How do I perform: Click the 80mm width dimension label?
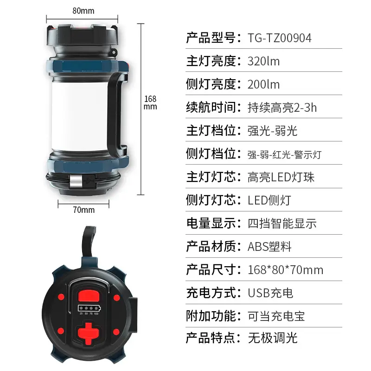83,11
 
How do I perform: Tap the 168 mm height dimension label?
150,102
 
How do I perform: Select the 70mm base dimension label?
83,210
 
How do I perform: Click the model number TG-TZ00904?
280,38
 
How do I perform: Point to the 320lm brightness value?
263,61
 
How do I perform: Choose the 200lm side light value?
263,84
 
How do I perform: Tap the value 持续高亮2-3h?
282,108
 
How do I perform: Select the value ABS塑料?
269,247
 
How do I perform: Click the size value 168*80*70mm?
285,270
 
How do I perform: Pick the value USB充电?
270,293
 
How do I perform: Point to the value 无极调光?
273,338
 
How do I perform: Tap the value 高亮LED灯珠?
281,177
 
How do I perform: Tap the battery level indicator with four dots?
89,308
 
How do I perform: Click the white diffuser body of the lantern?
79,116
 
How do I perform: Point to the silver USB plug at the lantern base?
76,181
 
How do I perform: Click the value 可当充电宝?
276,316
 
